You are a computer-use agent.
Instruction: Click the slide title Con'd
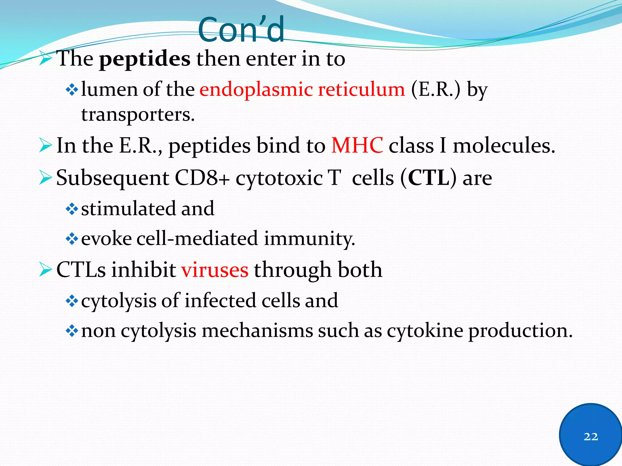pyautogui.click(x=241, y=30)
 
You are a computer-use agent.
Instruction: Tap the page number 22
pyautogui.click(x=591, y=437)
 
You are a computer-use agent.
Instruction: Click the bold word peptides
pyautogui.click(x=145, y=59)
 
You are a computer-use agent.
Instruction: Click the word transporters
pyautogui.click(x=138, y=115)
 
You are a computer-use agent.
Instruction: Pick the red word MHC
pyautogui.click(x=357, y=146)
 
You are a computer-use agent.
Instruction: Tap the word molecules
pyautogui.click(x=504, y=146)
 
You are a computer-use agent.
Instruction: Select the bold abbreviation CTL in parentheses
pyautogui.click(x=428, y=178)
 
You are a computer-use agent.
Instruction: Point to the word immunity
pyautogui.click(x=309, y=238)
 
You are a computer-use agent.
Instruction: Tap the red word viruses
pyautogui.click(x=215, y=270)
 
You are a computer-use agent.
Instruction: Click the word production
pyautogui.click(x=520, y=331)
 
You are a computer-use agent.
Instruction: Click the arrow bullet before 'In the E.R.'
pyautogui.click(x=46, y=146)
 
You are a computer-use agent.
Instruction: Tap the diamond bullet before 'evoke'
pyautogui.click(x=72, y=239)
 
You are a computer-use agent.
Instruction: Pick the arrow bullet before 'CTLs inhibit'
pyautogui.click(x=46, y=270)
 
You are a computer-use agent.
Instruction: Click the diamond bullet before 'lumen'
pyautogui.click(x=72, y=90)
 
